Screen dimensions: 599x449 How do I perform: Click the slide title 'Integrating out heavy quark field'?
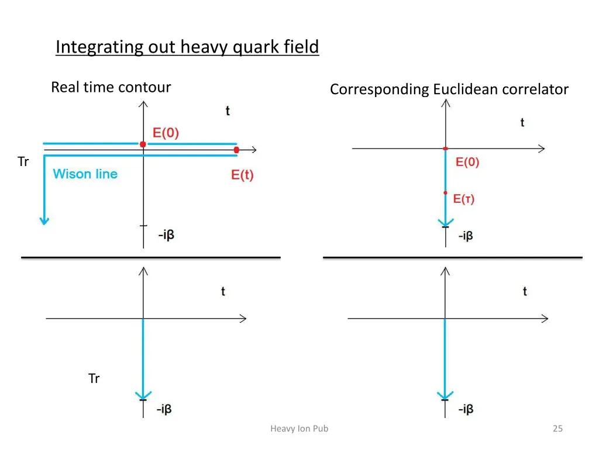[x=187, y=47]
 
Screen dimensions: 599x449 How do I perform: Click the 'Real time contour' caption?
[x=111, y=88]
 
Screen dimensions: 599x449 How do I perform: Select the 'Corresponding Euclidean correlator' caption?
[x=449, y=89]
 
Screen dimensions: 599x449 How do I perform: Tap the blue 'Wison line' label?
[x=85, y=174]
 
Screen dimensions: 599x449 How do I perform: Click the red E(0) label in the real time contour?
[x=166, y=133]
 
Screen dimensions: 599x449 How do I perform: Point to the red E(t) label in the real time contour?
[x=242, y=175]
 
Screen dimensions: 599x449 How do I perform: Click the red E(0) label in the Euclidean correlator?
[x=467, y=163]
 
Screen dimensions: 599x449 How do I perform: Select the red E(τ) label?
[x=464, y=199]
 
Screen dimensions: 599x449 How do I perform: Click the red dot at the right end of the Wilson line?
[x=236, y=150]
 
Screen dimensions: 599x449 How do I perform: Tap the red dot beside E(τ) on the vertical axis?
[x=445, y=192]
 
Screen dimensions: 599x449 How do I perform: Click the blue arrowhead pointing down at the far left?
[x=43, y=220]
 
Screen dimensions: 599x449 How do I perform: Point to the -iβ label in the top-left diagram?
[x=166, y=236]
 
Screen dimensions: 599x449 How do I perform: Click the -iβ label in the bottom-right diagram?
[x=466, y=409]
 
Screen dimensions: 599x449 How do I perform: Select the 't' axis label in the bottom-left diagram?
[x=223, y=291]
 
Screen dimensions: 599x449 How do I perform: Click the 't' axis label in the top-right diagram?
[x=522, y=122]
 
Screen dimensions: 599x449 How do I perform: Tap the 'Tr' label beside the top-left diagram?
[x=23, y=162]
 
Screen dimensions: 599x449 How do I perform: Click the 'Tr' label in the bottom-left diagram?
[x=94, y=379]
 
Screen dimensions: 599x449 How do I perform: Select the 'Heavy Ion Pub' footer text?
[x=299, y=429]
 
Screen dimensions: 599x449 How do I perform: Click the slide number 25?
[x=557, y=429]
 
